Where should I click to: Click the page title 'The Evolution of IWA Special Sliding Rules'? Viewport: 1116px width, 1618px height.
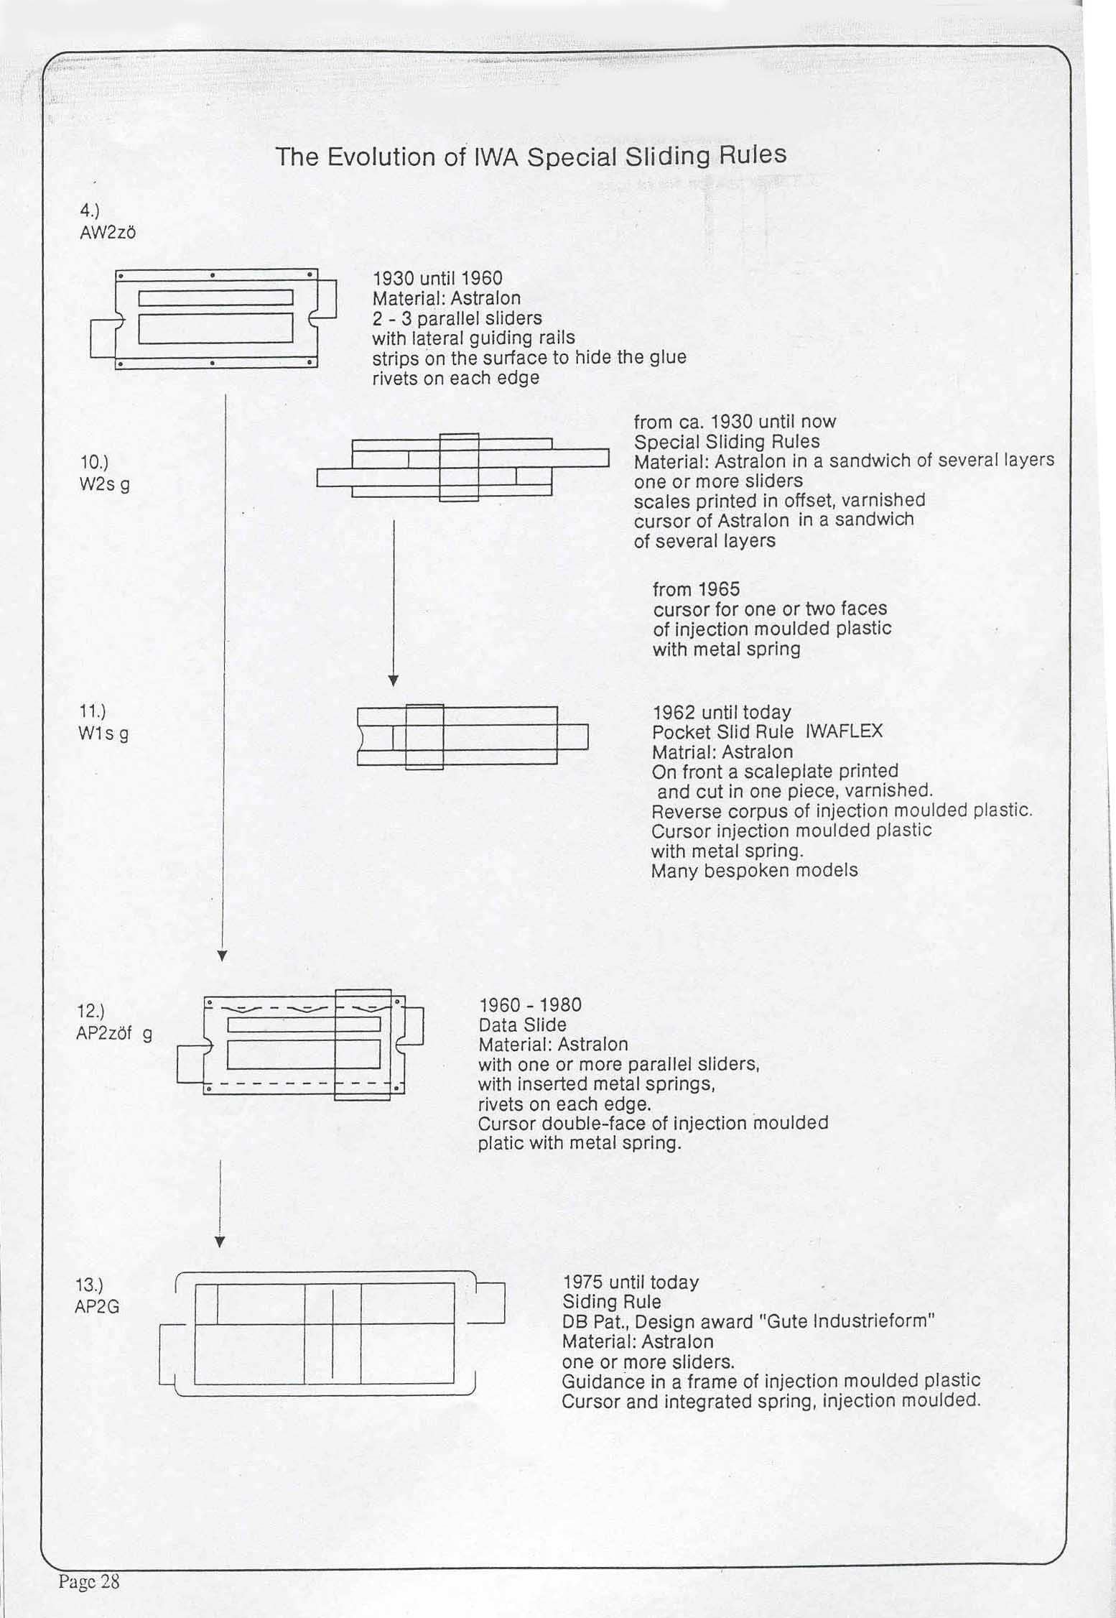(531, 156)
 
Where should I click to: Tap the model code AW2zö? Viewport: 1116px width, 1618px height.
(108, 233)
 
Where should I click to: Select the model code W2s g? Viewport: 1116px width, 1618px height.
(104, 485)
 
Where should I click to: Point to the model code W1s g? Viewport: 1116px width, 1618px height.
(103, 734)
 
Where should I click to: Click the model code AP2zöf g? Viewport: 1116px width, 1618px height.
(113, 1035)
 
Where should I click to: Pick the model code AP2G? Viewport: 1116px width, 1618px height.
(96, 1306)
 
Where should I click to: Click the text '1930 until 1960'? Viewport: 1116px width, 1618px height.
(437, 278)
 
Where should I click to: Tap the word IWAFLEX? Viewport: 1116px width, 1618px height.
(844, 731)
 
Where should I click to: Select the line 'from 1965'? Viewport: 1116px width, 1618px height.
(696, 589)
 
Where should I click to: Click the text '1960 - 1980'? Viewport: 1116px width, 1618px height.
(529, 1004)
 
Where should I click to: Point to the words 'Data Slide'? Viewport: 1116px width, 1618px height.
(522, 1025)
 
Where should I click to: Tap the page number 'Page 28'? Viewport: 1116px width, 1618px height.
(89, 1581)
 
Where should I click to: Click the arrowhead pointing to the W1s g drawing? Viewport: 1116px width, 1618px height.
(393, 680)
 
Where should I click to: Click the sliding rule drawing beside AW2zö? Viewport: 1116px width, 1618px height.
(214, 318)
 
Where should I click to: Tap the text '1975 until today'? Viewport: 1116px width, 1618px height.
(630, 1282)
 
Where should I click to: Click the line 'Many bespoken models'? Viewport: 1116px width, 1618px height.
(754, 871)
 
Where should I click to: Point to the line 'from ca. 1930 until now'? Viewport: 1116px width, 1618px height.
(735, 422)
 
